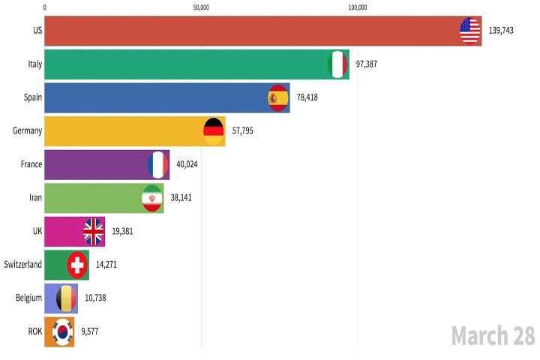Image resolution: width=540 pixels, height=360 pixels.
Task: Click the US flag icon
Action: [469, 31]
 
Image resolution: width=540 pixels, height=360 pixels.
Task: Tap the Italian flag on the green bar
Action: [338, 64]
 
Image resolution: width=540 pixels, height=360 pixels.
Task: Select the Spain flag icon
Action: [278, 97]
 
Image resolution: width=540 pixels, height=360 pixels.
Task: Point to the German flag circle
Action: [214, 131]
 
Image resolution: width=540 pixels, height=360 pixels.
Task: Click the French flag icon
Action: [158, 164]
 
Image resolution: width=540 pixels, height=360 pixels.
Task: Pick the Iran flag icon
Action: [152, 198]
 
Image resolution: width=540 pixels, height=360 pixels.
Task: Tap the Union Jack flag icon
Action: [94, 232]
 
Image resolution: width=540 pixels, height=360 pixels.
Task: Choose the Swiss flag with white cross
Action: [77, 265]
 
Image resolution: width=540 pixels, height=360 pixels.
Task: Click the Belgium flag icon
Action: [67, 298]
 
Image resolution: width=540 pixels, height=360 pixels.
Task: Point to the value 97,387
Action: [366, 64]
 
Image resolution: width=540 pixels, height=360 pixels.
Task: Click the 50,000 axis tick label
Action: [201, 7]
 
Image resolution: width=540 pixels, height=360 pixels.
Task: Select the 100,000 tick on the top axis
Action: [358, 7]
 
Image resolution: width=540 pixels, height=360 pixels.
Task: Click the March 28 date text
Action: [493, 336]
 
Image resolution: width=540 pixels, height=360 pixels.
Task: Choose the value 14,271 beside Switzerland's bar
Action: [106, 265]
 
